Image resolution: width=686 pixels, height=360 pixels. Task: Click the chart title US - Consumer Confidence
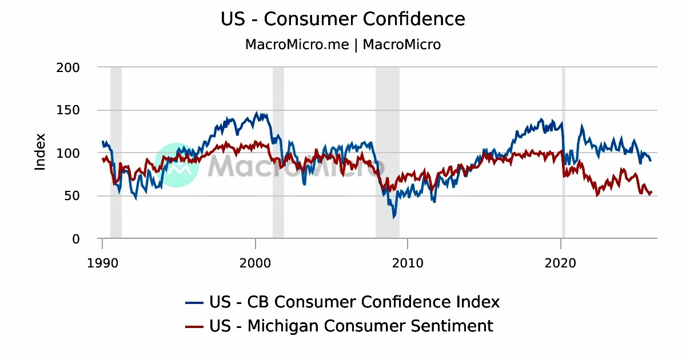coord(342,19)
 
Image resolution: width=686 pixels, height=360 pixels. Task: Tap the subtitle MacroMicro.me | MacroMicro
coord(342,45)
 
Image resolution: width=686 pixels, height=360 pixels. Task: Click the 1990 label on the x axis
coord(102,263)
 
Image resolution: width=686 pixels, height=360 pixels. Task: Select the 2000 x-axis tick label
coord(255,263)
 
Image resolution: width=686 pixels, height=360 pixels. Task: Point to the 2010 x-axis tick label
coord(407,263)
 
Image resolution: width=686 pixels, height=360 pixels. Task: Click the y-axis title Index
coord(40,152)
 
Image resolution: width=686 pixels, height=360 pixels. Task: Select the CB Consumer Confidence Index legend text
coord(354,302)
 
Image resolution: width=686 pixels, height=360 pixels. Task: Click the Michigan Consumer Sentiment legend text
coord(351,326)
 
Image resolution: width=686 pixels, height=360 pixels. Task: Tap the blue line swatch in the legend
coord(194,302)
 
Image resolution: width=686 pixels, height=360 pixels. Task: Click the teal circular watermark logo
coord(177,165)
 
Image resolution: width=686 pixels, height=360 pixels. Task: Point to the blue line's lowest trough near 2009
coord(393,217)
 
